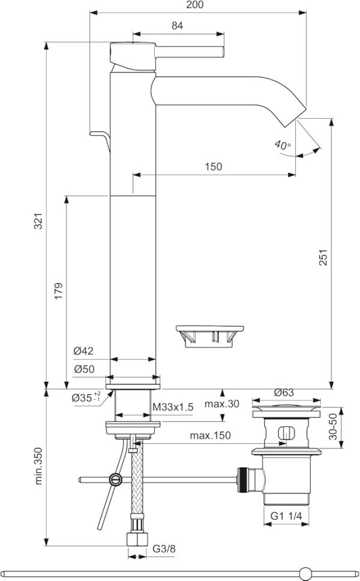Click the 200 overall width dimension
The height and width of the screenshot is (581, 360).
(x=195, y=4)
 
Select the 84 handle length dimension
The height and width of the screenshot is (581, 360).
(x=177, y=26)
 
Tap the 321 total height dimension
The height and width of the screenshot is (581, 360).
(x=38, y=221)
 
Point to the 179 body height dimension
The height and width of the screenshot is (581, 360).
(x=59, y=291)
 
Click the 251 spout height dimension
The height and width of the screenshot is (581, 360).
(x=323, y=257)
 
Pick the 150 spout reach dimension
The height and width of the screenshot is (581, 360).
(x=214, y=167)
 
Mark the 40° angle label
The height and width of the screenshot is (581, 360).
(x=283, y=145)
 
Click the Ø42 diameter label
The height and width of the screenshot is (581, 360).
(x=83, y=351)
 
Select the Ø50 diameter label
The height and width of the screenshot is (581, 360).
(x=84, y=369)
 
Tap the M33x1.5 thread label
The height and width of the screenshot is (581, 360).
(x=173, y=407)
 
